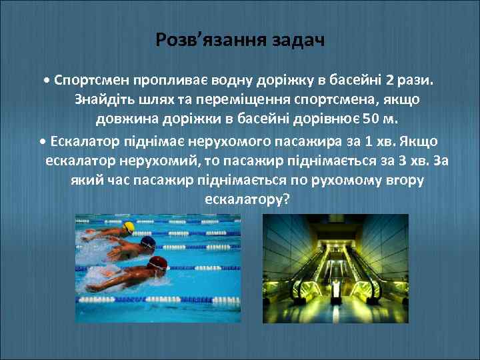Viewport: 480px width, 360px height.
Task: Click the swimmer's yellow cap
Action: pyautogui.click(x=128, y=227)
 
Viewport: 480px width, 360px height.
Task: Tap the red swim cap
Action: pyautogui.click(x=157, y=262)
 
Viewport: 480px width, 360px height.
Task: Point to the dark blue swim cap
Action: pyautogui.click(x=149, y=243)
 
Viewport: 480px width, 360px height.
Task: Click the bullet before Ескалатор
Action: pyautogui.click(x=43, y=141)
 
